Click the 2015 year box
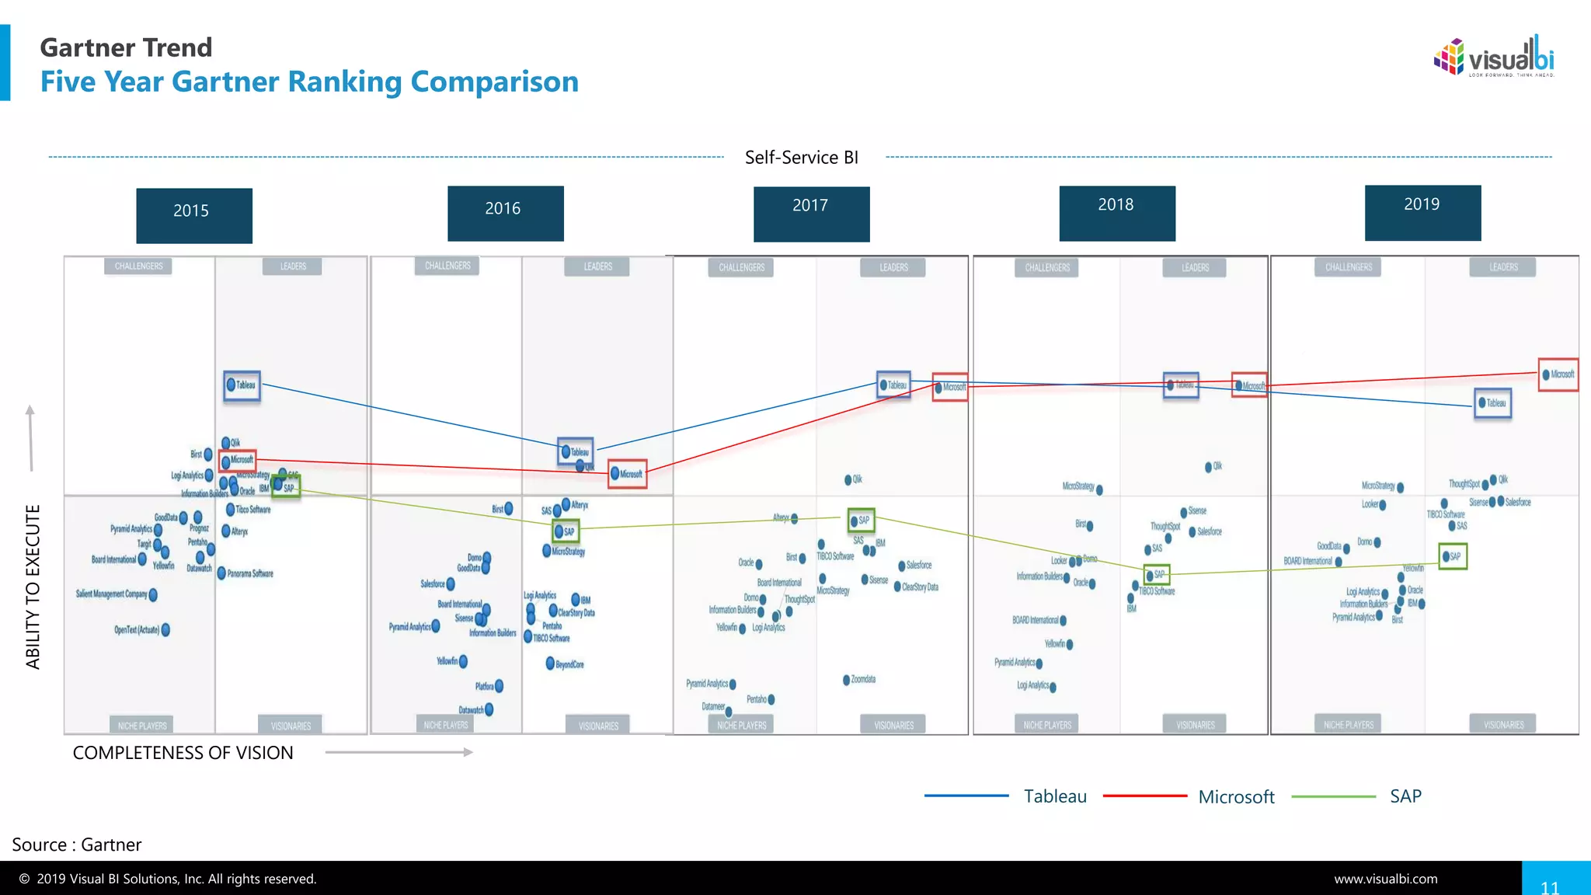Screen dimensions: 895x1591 point(194,215)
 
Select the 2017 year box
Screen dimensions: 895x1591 point(811,214)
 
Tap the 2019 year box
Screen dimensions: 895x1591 point(1422,212)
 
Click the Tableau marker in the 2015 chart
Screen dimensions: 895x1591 point(242,386)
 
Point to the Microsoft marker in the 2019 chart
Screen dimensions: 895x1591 point(1558,374)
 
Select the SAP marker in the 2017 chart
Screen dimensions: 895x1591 point(861,521)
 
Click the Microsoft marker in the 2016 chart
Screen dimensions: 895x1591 point(627,473)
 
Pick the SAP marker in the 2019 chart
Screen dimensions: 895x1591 point(1452,556)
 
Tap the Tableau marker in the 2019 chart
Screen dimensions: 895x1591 point(1492,403)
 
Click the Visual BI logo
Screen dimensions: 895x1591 point(1493,57)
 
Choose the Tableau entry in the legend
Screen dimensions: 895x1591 point(1054,796)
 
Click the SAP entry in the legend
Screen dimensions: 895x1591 point(1405,796)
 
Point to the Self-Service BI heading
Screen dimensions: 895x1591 point(802,158)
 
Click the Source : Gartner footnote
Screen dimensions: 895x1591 point(77,845)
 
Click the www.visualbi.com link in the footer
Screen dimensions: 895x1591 point(1386,879)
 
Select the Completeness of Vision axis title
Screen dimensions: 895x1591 point(183,753)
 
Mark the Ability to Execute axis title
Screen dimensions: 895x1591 point(33,587)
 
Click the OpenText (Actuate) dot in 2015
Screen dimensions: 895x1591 point(165,630)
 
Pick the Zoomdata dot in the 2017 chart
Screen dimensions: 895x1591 point(847,680)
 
